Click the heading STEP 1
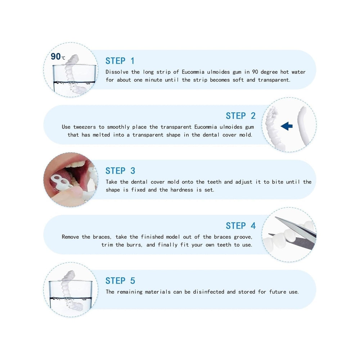[x=120, y=61]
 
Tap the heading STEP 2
[x=240, y=116]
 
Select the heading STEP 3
[x=120, y=171]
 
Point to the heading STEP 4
[x=240, y=226]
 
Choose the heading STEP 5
[x=120, y=281]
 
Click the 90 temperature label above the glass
[x=58, y=57]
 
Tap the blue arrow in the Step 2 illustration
[x=287, y=126]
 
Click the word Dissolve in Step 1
[x=117, y=72]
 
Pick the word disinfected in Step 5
[x=208, y=292]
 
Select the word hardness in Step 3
[x=181, y=190]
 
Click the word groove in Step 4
[x=243, y=237]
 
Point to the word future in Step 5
[x=278, y=292]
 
